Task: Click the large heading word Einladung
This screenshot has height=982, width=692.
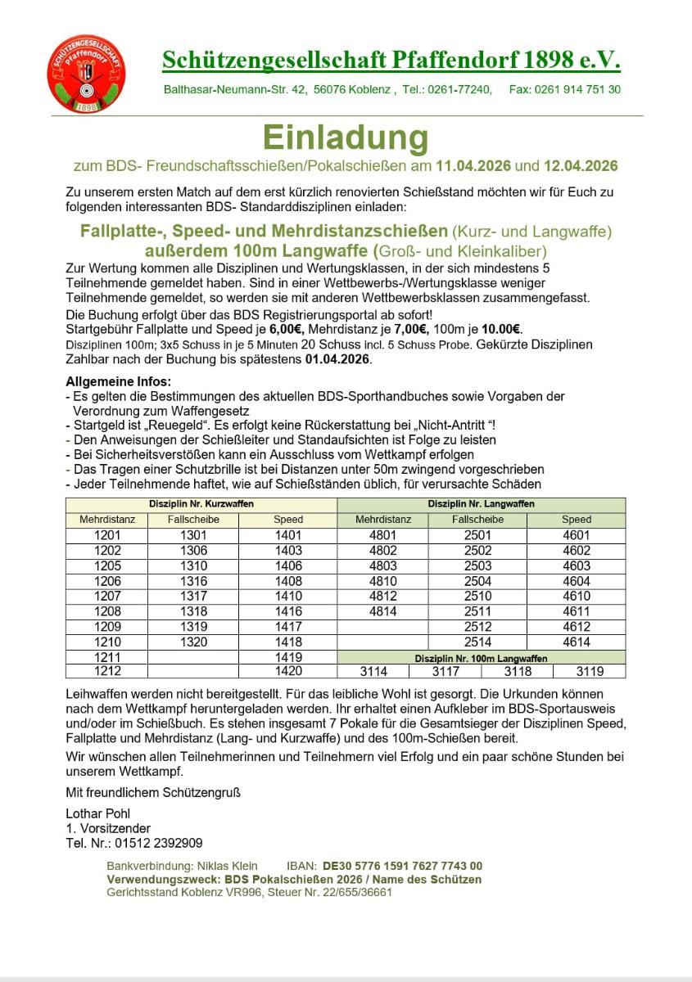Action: point(345,137)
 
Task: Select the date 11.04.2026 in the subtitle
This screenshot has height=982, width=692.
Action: point(473,166)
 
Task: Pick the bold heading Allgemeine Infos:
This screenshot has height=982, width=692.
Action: point(119,382)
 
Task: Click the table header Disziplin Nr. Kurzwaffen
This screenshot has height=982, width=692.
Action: point(201,504)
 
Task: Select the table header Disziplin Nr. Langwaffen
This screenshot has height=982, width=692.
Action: point(481,504)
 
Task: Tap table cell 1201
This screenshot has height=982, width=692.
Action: point(108,535)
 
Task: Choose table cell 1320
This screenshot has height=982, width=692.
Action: point(193,642)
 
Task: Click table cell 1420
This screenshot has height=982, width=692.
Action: point(288,672)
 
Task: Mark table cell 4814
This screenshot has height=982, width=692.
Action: point(383,611)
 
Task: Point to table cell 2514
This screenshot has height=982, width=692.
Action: point(478,642)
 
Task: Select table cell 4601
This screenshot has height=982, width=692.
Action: point(577,535)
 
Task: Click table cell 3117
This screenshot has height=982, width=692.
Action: point(446,672)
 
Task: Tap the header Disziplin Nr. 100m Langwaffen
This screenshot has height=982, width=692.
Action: point(481,658)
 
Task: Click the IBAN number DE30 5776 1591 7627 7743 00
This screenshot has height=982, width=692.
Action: point(402,866)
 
